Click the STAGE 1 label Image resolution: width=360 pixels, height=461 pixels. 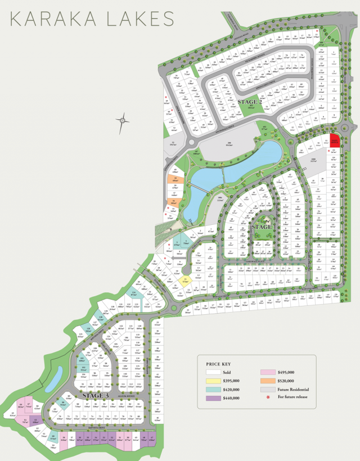pyautogui.click(x=263, y=226)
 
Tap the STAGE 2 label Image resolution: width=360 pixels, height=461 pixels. pyautogui.click(x=248, y=102)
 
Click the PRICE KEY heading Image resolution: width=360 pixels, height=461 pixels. pyautogui.click(x=218, y=364)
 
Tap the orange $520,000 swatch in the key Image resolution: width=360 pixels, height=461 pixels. pyautogui.click(x=269, y=381)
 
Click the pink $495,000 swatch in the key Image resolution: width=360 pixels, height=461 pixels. pyautogui.click(x=269, y=372)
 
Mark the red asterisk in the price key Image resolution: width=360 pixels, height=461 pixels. pyautogui.click(x=269, y=397)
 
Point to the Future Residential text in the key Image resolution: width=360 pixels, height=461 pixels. pyautogui.click(x=293, y=389)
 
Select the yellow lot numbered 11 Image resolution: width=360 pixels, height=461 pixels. pyautogui.click(x=186, y=279)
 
